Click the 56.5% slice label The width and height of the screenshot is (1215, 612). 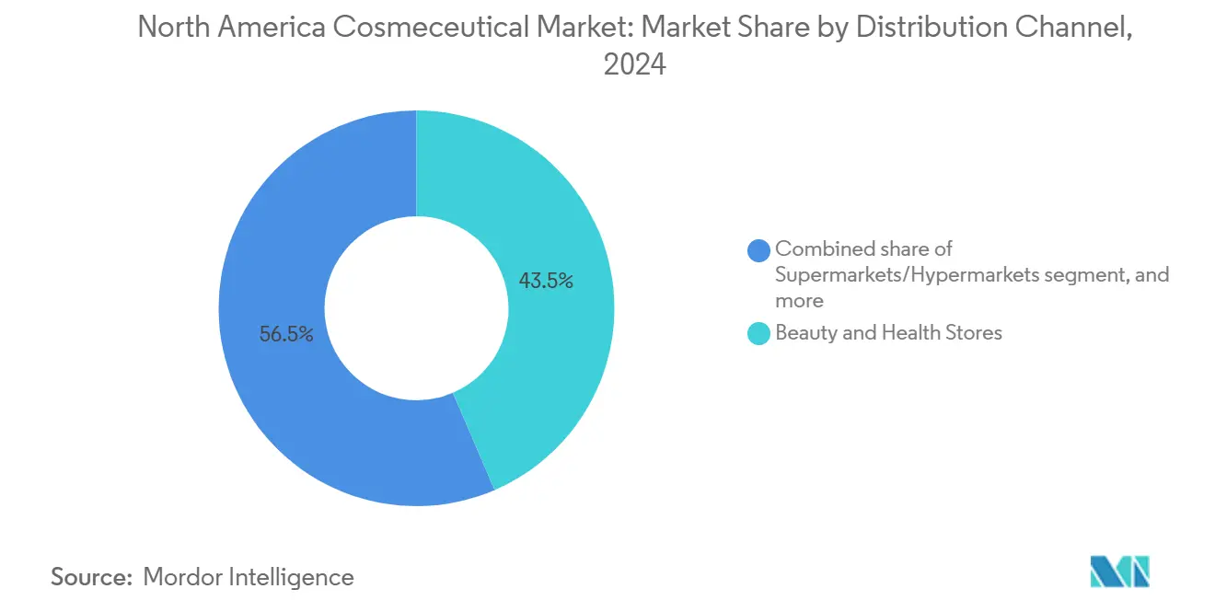(286, 335)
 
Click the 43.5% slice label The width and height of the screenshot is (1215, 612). (546, 282)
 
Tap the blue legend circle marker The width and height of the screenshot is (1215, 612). (759, 249)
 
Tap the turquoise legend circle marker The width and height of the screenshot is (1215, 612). (759, 333)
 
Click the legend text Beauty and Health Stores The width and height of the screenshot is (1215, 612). (888, 333)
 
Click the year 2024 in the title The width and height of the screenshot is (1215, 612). (634, 65)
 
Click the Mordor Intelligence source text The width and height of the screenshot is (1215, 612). (249, 577)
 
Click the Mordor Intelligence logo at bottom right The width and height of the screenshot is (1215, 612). (1119, 572)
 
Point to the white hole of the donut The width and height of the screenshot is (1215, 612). (416, 307)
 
